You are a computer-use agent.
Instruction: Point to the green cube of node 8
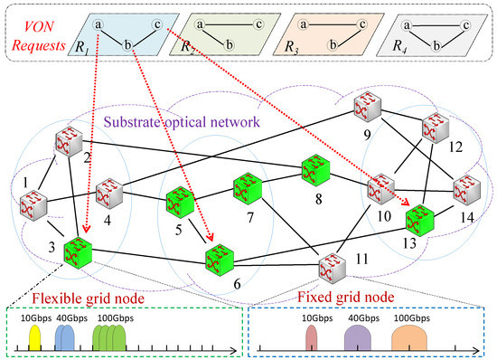click(x=316, y=169)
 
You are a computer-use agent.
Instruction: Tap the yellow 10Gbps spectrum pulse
click(x=34, y=337)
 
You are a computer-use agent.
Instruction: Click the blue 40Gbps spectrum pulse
click(x=65, y=337)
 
